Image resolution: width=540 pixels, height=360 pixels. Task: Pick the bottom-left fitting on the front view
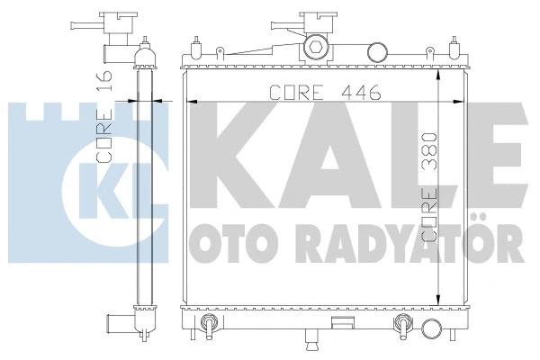coord(208,326)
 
